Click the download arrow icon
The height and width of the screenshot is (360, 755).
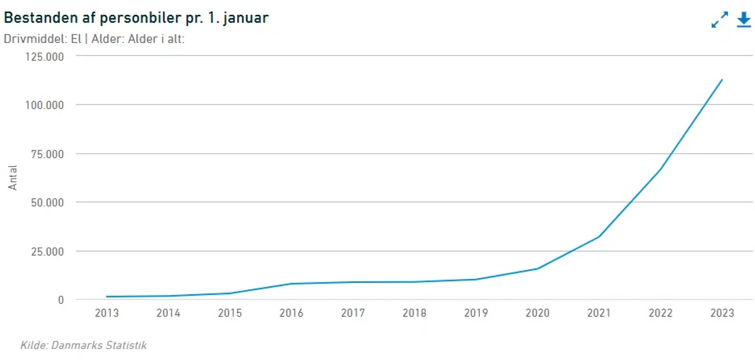tap(744, 19)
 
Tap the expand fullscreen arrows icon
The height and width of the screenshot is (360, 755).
tap(720, 19)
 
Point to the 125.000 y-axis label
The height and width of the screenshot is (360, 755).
tap(45, 56)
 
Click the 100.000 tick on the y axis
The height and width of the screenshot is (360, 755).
tap(45, 105)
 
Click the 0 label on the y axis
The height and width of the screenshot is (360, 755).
tap(61, 300)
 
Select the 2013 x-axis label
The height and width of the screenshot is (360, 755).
tap(106, 313)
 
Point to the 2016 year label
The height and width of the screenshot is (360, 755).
tap(291, 313)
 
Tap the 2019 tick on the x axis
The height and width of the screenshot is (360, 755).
tap(476, 313)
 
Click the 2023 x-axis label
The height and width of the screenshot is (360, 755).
tap(722, 313)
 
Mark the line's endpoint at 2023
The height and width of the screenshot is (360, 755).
tap(722, 80)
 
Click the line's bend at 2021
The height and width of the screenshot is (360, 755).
tap(599, 237)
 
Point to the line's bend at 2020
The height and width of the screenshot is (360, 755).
tap(537, 269)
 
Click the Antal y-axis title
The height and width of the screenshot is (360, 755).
tap(13, 178)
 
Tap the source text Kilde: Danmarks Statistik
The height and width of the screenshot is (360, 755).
tap(83, 345)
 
